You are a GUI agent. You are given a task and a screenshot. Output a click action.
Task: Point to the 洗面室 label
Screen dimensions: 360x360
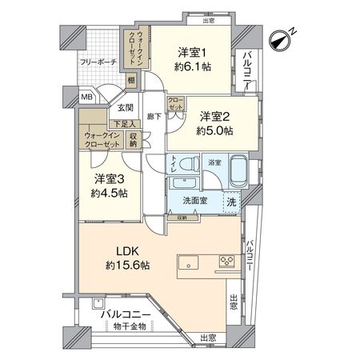194,201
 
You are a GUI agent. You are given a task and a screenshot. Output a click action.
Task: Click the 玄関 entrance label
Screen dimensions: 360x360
126,107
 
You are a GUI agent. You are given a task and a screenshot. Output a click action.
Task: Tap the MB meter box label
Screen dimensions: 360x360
86,98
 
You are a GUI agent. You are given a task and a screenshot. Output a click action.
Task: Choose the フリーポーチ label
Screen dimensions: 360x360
97,61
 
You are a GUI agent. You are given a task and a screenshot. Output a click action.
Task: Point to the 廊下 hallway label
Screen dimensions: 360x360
154,116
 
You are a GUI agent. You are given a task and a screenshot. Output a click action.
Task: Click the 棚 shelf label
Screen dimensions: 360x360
130,79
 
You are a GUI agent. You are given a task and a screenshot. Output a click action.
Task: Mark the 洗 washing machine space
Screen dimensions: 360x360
230,202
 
